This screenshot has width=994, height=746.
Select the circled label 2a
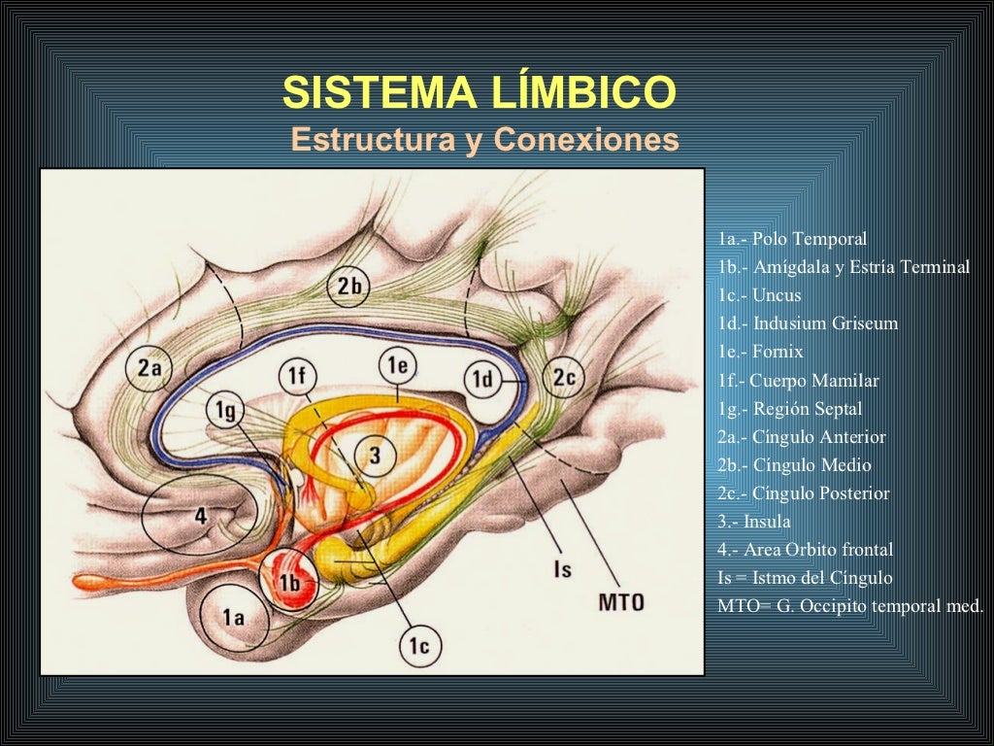[149, 368]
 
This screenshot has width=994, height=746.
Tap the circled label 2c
[564, 379]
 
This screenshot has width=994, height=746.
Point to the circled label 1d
[481, 380]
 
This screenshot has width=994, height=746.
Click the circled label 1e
[397, 366]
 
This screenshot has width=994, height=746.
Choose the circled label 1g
[225, 412]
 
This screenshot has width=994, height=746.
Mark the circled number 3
[374, 454]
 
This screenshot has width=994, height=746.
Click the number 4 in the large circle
[201, 516]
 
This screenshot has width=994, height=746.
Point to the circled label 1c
[418, 644]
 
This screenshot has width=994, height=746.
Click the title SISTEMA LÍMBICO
[478, 94]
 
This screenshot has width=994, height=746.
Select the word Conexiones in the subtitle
[585, 140]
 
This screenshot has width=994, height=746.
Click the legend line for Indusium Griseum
[808, 323]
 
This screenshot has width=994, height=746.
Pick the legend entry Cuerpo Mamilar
[798, 380]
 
